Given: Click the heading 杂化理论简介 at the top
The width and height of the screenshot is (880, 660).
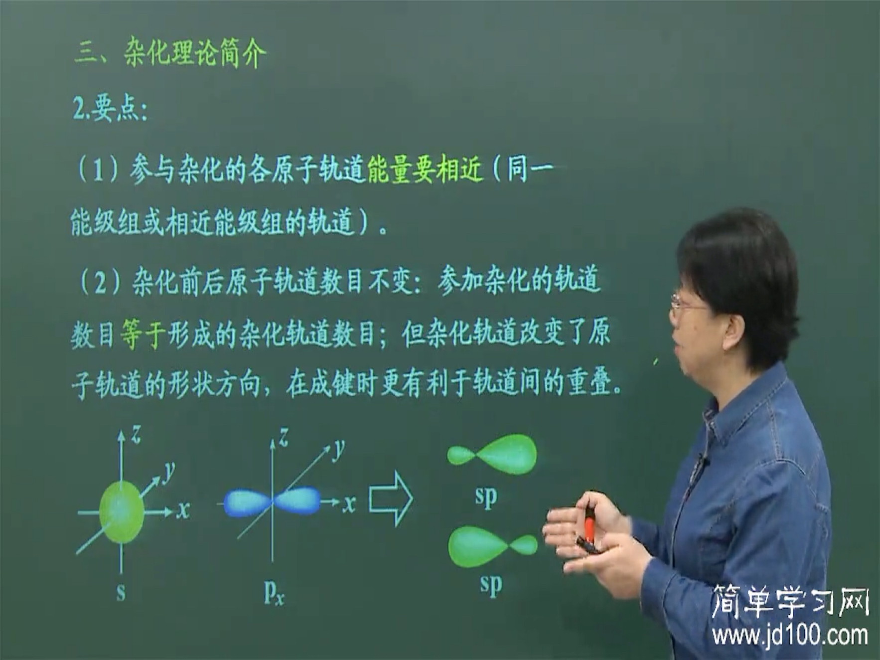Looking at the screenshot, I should tap(194, 52).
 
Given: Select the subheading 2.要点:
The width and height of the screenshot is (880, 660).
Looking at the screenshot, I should tap(110, 109).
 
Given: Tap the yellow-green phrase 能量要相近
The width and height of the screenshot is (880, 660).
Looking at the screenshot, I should tap(425, 170).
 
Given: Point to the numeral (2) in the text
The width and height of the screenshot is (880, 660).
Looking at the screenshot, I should tap(100, 283).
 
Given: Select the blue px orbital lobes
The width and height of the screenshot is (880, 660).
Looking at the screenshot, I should tap(272, 502).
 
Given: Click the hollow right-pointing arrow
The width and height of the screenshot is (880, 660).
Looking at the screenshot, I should tap(391, 498).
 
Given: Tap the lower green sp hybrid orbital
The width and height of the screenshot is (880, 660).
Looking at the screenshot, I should tap(492, 546).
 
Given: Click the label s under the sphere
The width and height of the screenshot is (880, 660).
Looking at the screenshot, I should tap(121, 592).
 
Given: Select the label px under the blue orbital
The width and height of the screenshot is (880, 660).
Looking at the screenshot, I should tap(274, 592).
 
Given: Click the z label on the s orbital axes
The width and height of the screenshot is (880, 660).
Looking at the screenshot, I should tap(136, 435).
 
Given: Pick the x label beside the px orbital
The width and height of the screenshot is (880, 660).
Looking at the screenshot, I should tap(349, 503).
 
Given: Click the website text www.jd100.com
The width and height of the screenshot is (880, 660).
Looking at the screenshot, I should tap(789, 636).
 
